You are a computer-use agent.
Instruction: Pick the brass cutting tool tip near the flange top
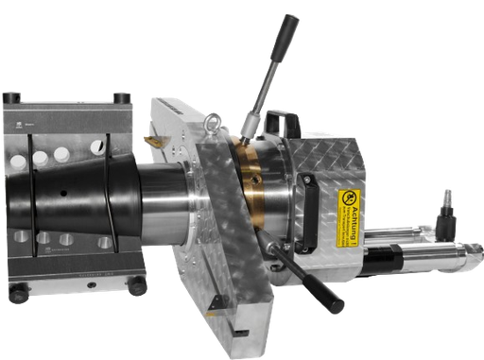151,141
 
